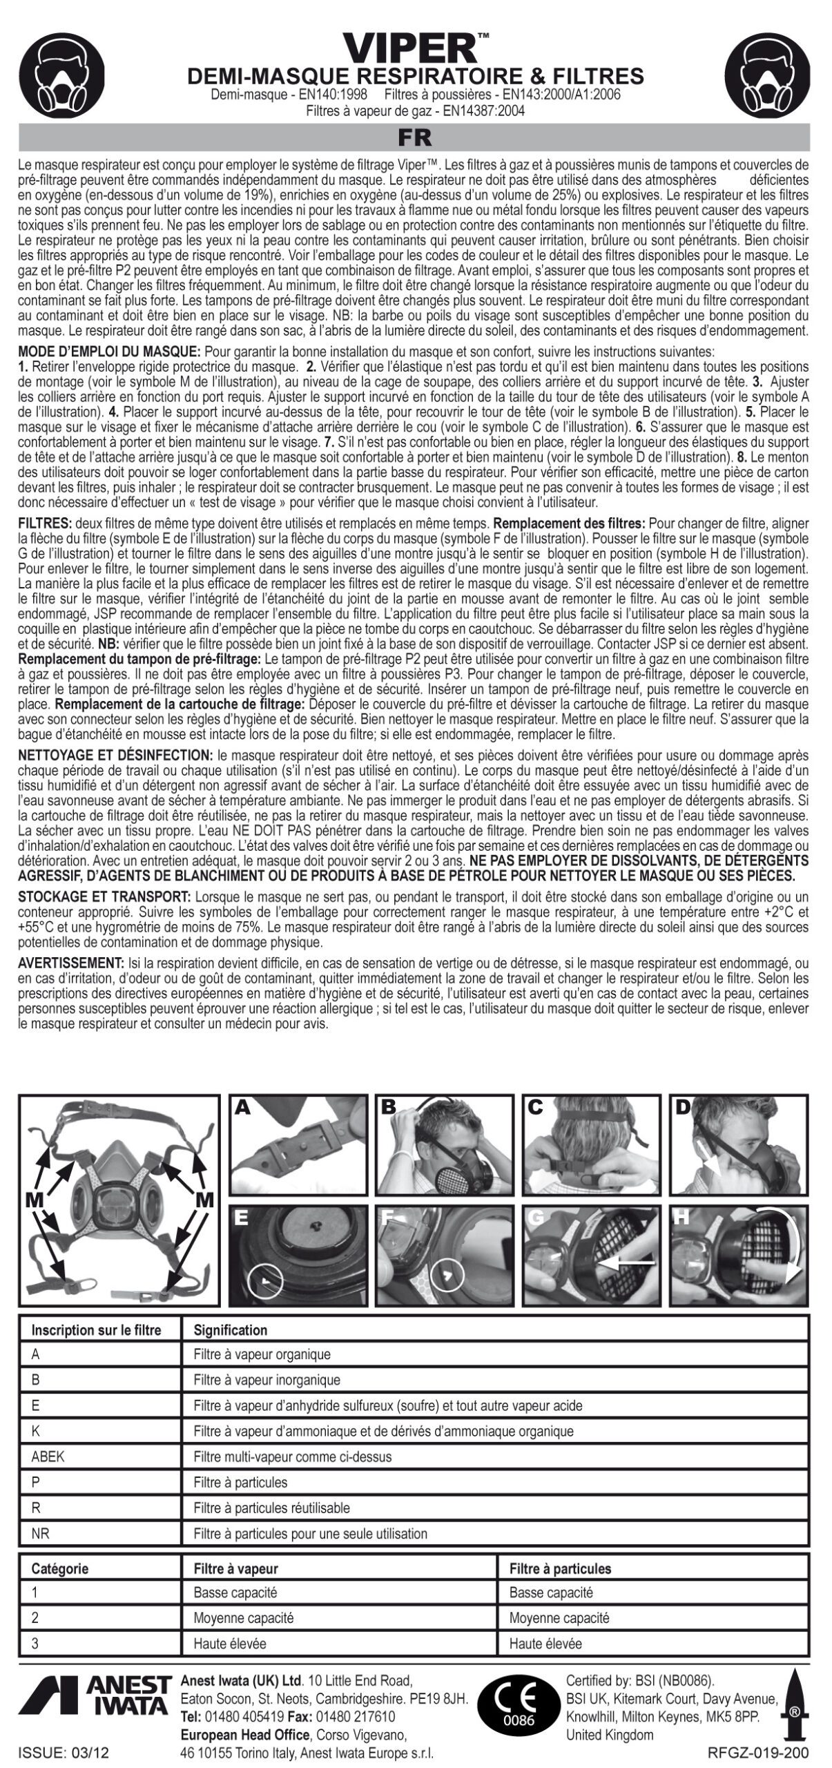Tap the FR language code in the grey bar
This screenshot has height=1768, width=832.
414,138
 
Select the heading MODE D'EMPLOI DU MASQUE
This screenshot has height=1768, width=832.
109,352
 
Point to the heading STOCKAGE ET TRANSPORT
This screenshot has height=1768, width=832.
104,896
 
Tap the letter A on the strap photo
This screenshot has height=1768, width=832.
242,1106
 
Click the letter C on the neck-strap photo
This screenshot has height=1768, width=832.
535,1106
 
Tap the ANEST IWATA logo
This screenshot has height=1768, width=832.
97,1710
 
